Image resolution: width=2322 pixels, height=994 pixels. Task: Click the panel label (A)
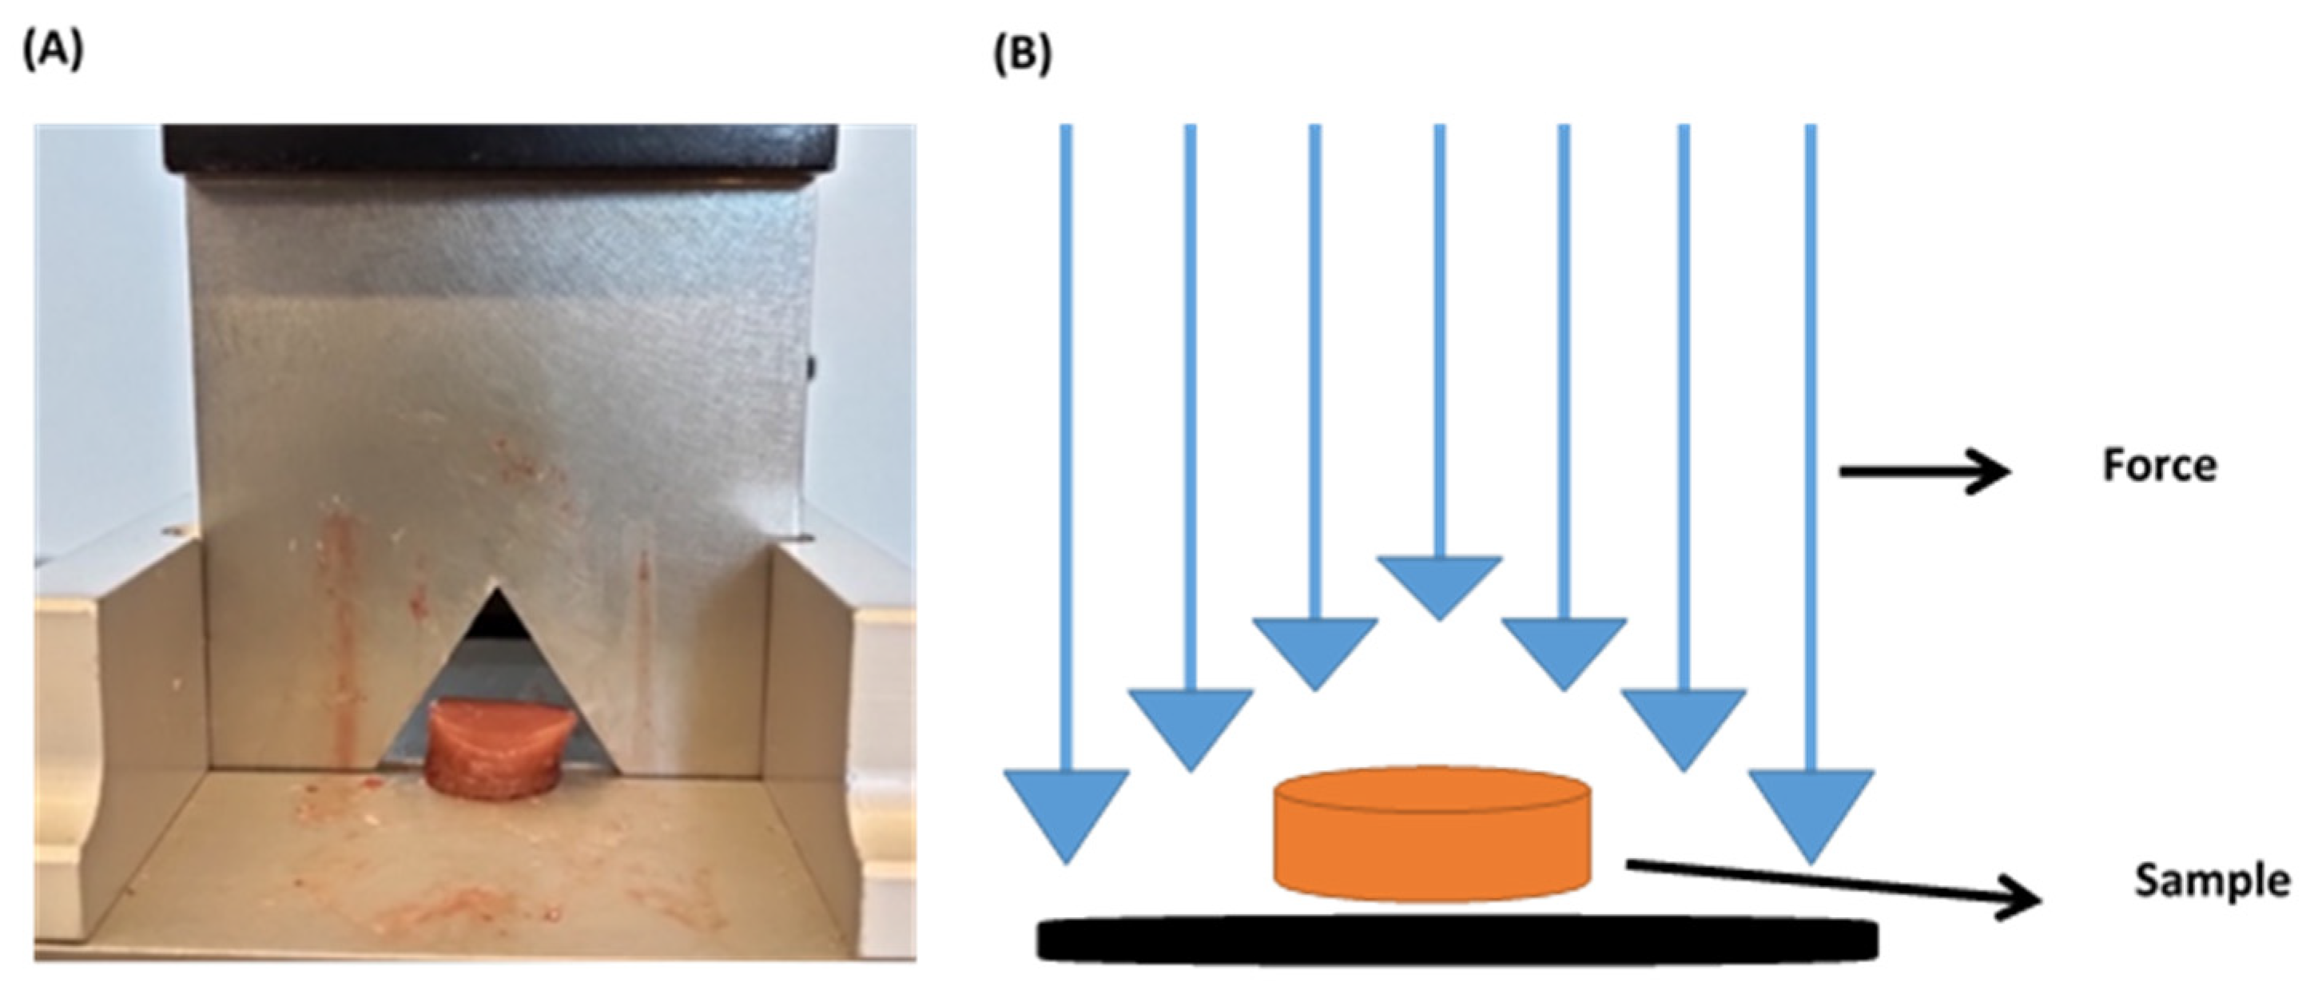click(x=52, y=52)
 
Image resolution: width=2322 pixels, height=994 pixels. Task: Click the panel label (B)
click(x=1022, y=55)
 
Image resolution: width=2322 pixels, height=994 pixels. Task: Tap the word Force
click(x=2159, y=467)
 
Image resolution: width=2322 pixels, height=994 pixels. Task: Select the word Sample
click(x=2211, y=881)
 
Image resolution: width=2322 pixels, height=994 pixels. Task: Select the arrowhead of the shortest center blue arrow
click(x=1438, y=584)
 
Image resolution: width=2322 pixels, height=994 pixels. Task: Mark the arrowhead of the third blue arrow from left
click(x=1314, y=649)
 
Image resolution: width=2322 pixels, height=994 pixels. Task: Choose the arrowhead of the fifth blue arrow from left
click(x=1563, y=649)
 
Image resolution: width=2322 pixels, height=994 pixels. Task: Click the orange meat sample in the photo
click(x=499, y=749)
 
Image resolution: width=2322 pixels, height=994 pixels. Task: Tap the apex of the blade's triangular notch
click(x=495, y=592)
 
